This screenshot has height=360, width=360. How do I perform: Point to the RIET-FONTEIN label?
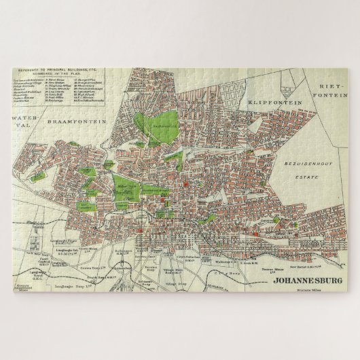(x=331, y=91)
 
